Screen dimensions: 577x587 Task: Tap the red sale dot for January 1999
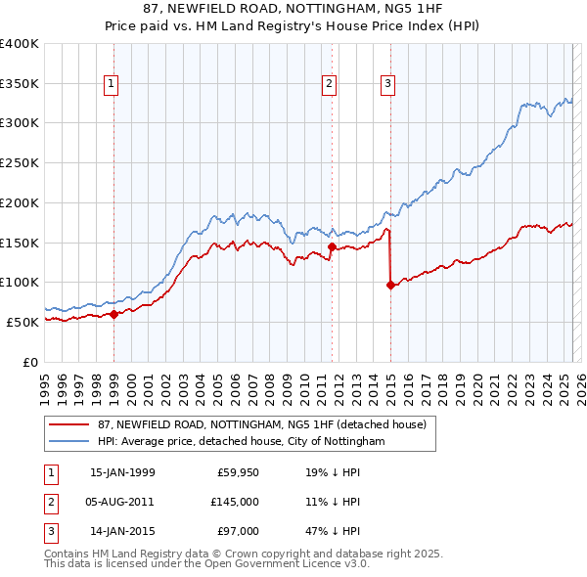coord(113,314)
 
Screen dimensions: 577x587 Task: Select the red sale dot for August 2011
coord(332,246)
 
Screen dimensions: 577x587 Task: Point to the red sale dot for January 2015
coord(390,285)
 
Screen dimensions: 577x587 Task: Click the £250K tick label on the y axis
coord(20,162)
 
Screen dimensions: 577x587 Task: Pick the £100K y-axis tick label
coord(20,282)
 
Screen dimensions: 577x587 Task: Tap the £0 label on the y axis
coord(30,362)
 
